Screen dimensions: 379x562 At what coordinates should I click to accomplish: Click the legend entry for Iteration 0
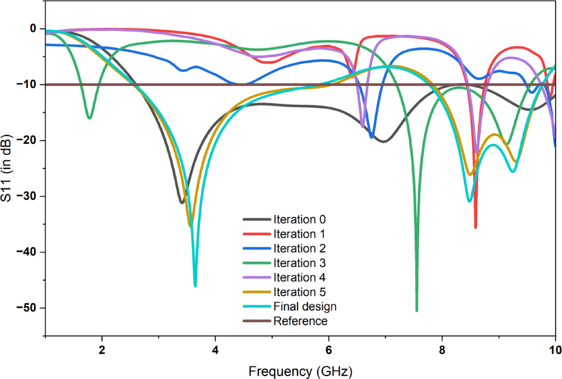(x=299, y=220)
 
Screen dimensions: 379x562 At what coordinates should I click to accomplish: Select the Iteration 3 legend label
(x=299, y=263)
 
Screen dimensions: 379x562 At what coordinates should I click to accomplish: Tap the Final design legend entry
(x=305, y=307)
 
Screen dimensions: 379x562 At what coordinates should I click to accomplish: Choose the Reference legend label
(x=300, y=321)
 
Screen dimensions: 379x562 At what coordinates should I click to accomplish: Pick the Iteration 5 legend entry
(x=299, y=292)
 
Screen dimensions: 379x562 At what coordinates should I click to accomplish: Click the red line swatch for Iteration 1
(x=257, y=234)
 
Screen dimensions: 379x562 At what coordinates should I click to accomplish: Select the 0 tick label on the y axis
(x=32, y=29)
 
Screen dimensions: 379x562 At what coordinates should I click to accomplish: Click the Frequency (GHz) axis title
(x=300, y=371)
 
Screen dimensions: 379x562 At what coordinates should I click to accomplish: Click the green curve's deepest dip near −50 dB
(x=417, y=310)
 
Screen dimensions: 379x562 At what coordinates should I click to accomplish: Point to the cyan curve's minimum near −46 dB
(x=195, y=286)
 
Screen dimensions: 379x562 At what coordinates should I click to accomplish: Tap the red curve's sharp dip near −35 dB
(x=475, y=227)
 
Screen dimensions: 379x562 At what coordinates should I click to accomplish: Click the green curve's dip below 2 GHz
(x=89, y=118)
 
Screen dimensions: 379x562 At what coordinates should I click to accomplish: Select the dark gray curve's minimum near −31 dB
(x=182, y=203)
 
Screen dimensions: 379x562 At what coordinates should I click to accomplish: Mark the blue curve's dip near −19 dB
(x=372, y=137)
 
